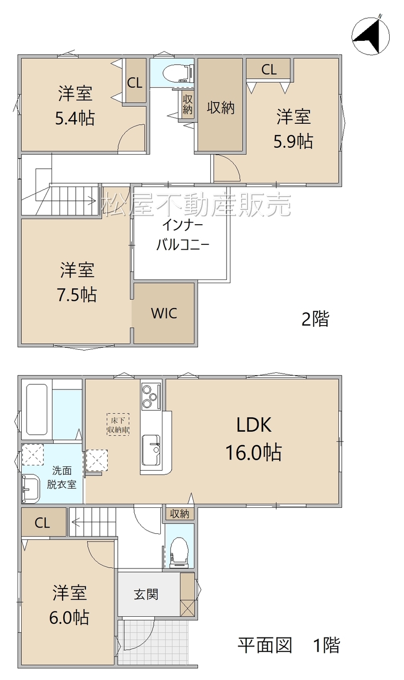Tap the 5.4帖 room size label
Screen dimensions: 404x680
75,118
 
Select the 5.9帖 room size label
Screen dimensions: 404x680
293,141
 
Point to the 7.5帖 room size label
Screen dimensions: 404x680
77,294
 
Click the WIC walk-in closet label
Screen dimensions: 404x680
164,313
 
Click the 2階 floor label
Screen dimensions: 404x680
315,319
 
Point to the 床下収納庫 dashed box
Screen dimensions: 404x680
118,424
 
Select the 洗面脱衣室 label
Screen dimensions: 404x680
62,477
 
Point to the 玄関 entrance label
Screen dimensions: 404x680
146,594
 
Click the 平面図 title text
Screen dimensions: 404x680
265,645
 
